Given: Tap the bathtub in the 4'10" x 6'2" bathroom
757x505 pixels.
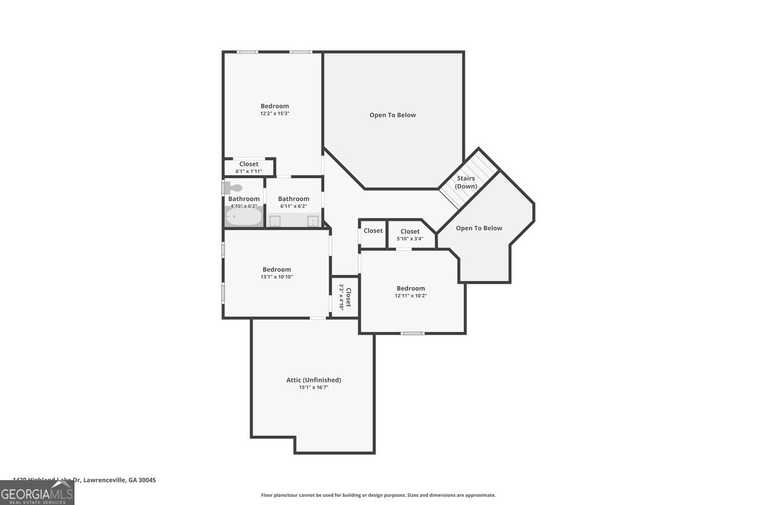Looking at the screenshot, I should coord(244,217).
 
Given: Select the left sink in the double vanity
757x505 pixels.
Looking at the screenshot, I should coord(275,221).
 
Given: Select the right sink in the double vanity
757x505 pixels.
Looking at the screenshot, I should coord(313,221).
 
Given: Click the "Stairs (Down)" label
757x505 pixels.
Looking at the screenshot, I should coord(466,182).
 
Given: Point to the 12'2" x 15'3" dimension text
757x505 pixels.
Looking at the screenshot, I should coord(275,114).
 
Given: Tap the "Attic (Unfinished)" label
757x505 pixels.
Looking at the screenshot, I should coord(313,380).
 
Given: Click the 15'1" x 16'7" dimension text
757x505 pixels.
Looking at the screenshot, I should coord(313,387).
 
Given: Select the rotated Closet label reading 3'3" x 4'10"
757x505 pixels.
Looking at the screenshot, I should coord(345,297).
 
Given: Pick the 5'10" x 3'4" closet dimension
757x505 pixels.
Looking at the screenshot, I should coord(410,239).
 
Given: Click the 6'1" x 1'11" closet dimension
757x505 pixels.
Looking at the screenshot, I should coord(248,171).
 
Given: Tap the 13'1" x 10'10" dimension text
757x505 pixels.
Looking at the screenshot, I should coord(277,276).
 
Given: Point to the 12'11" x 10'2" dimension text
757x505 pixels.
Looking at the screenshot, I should coord(411,295).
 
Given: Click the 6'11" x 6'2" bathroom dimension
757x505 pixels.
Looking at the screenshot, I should coord(293,206).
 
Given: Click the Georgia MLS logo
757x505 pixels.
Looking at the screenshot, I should coord(37,493).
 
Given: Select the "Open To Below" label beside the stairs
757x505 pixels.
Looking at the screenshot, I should coord(479,228).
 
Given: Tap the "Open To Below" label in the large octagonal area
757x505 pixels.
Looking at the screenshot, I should coord(393,115).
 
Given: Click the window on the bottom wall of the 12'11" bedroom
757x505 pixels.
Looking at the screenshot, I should coord(412,333).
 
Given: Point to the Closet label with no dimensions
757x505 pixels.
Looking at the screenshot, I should coord(373,230).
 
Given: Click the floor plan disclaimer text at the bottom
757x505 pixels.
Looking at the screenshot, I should coord(378,495).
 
